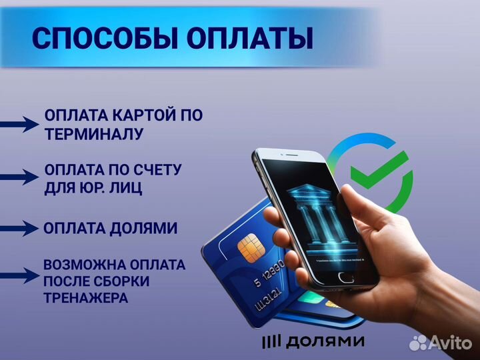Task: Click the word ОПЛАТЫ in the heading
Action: click(x=249, y=39)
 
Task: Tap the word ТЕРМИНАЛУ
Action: click(x=94, y=134)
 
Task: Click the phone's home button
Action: click(x=345, y=277)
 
